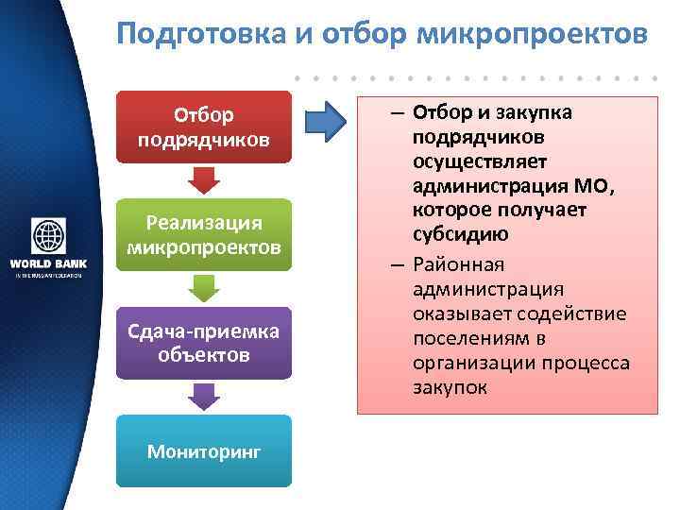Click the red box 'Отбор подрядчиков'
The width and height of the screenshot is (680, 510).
point(203,127)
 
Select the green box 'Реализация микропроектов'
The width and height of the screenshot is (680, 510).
point(203,235)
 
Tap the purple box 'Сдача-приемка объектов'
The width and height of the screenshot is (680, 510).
point(203,343)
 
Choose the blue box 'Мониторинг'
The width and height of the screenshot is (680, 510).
point(203,450)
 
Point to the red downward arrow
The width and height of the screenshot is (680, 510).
point(203,179)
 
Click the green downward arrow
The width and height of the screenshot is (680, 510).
point(203,288)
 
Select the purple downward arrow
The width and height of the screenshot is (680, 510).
point(203,396)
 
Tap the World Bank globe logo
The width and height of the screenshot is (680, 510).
point(47,236)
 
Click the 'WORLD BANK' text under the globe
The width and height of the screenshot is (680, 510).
point(47,263)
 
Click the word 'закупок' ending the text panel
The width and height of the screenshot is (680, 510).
point(450,386)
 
